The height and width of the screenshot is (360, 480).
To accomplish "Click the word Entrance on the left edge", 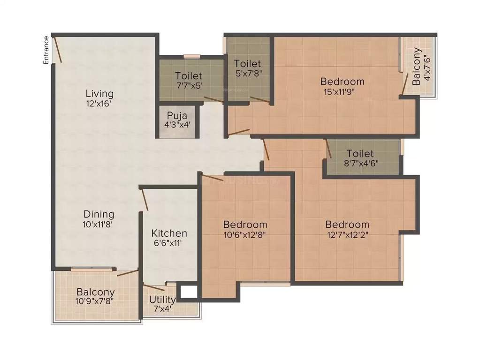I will pyautogui.click(x=46, y=50).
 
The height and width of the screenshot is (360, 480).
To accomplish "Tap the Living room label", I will pyautogui.click(x=99, y=93).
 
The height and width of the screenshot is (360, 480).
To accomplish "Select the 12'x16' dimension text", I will pyautogui.click(x=99, y=104).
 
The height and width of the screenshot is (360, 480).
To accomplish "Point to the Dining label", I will pyautogui.click(x=99, y=214).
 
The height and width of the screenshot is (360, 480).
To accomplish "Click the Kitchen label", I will pyautogui.click(x=169, y=233).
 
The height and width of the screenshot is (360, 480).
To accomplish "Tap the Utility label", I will pyautogui.click(x=162, y=300).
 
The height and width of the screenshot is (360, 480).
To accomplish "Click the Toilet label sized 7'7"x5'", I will pyautogui.click(x=189, y=75).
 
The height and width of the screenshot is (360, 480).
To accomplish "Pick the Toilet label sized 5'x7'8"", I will pyautogui.click(x=247, y=63).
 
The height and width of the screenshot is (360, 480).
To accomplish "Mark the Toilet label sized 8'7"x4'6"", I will pyautogui.click(x=360, y=154).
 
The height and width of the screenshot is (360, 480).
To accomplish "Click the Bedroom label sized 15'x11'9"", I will pyautogui.click(x=343, y=82).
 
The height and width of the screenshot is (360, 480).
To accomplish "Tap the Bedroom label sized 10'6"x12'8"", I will pyautogui.click(x=245, y=225).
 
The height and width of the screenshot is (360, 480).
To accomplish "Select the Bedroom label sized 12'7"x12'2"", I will pyautogui.click(x=347, y=225).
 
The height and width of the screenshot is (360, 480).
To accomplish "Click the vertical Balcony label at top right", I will pyautogui.click(x=417, y=67).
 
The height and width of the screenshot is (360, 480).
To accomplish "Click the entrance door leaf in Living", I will pyautogui.click(x=58, y=49).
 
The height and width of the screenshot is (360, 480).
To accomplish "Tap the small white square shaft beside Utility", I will pyautogui.click(x=188, y=292).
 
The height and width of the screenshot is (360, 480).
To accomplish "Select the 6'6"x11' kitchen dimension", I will pyautogui.click(x=169, y=243).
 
